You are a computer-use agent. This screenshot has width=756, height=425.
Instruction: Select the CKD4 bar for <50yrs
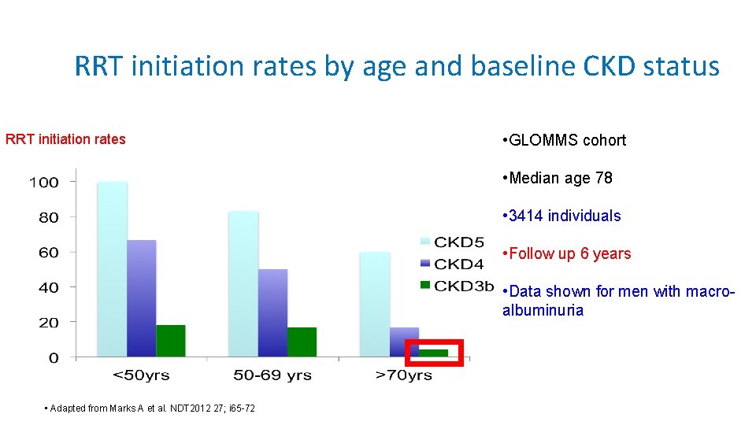pyautogui.click(x=142, y=298)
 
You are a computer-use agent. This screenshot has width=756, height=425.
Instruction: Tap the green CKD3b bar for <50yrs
pyautogui.click(x=171, y=341)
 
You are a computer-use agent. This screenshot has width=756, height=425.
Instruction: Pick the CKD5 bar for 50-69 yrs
pyautogui.click(x=244, y=284)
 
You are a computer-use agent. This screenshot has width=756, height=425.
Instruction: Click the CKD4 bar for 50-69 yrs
pyautogui.click(x=272, y=313)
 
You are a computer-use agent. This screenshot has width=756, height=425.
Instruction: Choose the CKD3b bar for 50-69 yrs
pyautogui.click(x=302, y=342)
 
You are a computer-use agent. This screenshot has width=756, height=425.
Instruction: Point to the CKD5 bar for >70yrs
pyautogui.click(x=375, y=305)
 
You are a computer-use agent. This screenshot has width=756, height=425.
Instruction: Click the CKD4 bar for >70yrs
pyautogui.click(x=404, y=342)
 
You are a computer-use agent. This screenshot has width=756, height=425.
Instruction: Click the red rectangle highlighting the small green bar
pyautogui.click(x=434, y=353)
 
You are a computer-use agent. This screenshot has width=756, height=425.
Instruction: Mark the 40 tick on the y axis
pyautogui.click(x=49, y=288)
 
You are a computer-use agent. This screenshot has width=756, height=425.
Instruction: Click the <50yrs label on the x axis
pyautogui.click(x=141, y=375)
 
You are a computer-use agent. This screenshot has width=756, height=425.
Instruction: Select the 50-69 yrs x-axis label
pyautogui.click(x=272, y=375)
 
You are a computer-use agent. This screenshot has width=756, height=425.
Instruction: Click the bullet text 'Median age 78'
pyautogui.click(x=557, y=178)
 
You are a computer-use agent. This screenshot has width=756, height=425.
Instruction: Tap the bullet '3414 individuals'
pyautogui.click(x=561, y=216)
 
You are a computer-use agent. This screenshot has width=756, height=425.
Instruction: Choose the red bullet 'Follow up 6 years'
pyautogui.click(x=566, y=253)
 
